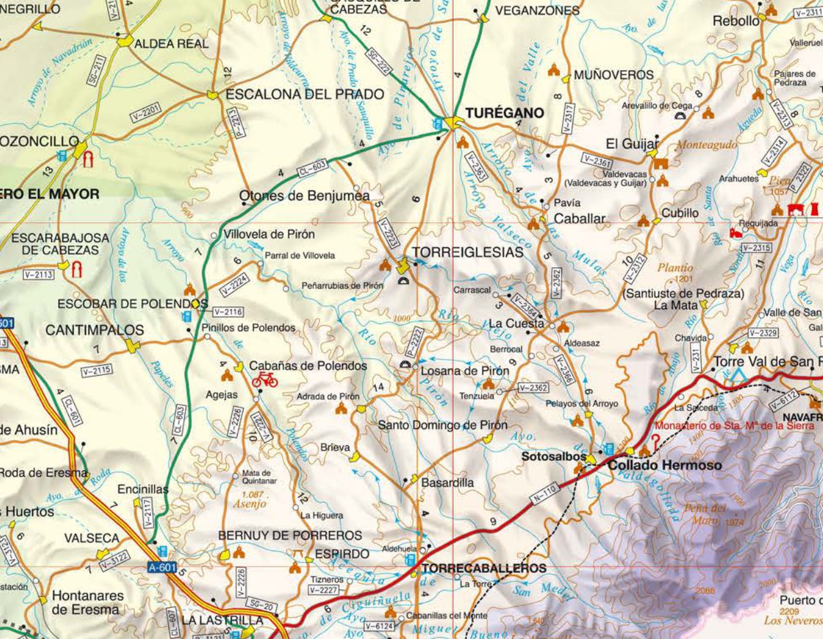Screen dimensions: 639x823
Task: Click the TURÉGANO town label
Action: coord(504,113)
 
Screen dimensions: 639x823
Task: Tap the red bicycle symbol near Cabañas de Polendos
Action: coord(265,380)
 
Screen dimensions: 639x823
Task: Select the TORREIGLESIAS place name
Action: coord(468,252)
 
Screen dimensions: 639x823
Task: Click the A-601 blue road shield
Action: coord(161,568)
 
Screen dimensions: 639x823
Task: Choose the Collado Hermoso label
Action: coord(664,465)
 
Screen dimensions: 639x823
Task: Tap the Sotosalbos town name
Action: coord(553,457)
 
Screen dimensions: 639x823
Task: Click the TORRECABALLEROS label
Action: coord(484,568)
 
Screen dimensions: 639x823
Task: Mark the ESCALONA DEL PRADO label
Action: coord(305,94)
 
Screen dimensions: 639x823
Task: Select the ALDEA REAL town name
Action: coord(172,44)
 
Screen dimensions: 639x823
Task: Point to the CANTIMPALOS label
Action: coord(94,330)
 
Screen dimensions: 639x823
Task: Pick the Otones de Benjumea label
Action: coord(305,196)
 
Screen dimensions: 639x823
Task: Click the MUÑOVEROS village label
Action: coord(614,75)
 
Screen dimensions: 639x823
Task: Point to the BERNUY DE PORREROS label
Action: coord(290,535)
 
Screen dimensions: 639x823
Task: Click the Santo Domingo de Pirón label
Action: coord(442,425)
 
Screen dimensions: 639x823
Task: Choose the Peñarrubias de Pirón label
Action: coord(342,286)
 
